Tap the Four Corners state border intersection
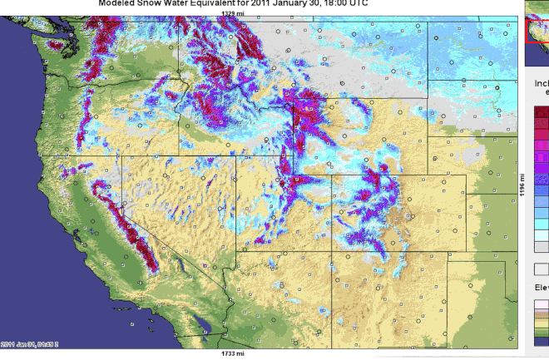click(x=332, y=249)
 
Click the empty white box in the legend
click(x=541, y=269)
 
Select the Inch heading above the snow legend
click(x=541, y=84)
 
